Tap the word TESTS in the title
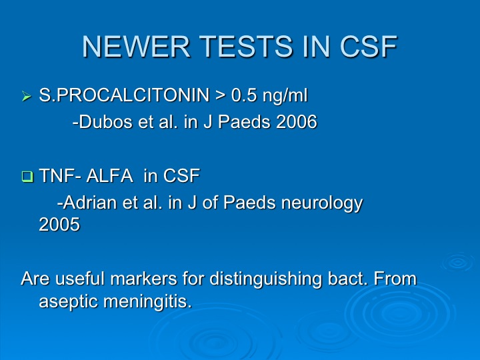[x=247, y=47]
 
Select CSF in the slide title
[x=368, y=47]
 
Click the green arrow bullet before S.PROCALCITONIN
[x=27, y=97]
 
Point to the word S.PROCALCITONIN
[x=124, y=95]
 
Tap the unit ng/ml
[x=285, y=96]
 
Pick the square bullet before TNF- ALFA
[x=27, y=177]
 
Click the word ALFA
[x=109, y=176]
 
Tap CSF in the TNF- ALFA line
[x=181, y=176]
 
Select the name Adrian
[x=90, y=203]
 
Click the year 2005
[x=59, y=225]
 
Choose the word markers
[x=143, y=279]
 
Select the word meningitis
[x=147, y=302]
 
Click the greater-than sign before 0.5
[x=221, y=95]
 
